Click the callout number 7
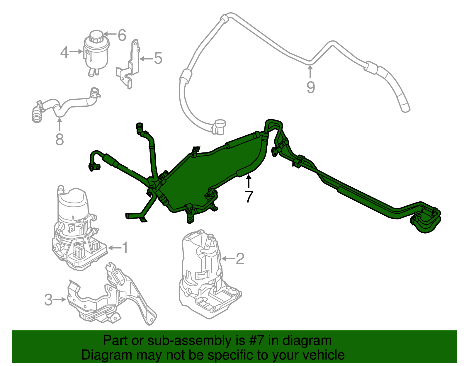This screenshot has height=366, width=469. coord(249,196)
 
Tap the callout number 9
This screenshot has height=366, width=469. coord(310,87)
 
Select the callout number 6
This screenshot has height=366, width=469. coord(122,35)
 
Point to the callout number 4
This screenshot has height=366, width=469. coord(64,52)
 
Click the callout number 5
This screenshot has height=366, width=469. coord(158,58)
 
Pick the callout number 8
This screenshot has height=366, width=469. coord(60,139)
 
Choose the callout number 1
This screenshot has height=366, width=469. coord(125,248)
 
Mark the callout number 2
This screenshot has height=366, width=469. coord(240,258)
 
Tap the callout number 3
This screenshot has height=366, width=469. coord(48,300)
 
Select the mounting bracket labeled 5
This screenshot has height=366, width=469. coord(130,66)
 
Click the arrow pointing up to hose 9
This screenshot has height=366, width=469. coord(310,72)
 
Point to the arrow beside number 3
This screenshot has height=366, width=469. coord(60,299)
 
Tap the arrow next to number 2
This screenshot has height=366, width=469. coord(228,258)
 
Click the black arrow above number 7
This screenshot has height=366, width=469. coord(249,181)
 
